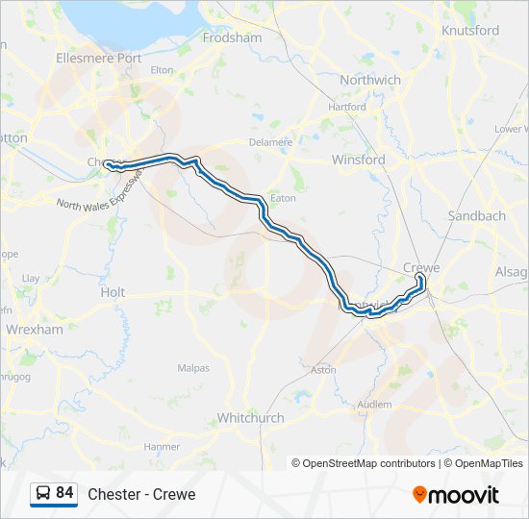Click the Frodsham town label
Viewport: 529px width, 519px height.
click(232, 37)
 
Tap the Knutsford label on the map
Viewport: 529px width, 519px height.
click(469, 31)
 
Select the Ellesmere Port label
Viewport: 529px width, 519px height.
click(99, 59)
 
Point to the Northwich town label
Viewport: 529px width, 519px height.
click(370, 80)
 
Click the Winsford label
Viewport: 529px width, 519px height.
click(358, 160)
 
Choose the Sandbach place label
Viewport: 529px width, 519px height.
click(476, 216)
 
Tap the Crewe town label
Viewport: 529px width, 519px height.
click(421, 267)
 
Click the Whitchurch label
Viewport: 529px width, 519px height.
click(250, 418)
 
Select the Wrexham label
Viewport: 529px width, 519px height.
click(34, 329)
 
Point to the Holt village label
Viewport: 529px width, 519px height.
click(113, 291)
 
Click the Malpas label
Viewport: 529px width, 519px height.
click(193, 368)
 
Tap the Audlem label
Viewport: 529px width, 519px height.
click(374, 405)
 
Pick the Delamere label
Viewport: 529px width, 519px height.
click(270, 142)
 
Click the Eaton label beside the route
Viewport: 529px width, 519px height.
click(283, 198)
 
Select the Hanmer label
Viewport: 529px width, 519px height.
click(162, 447)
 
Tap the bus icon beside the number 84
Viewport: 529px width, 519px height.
click(43, 493)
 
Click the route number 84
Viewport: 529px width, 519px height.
click(64, 493)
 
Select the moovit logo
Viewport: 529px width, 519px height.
click(456, 494)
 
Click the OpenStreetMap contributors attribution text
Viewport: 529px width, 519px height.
click(369, 463)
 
